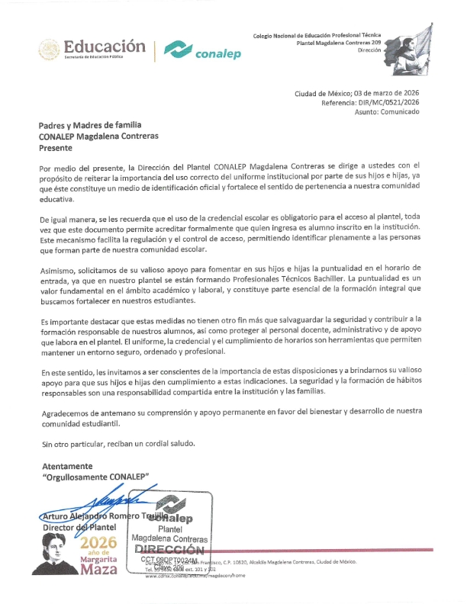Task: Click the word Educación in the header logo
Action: [105, 46]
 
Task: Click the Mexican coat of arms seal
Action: [48, 50]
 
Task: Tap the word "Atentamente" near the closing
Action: [66, 466]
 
